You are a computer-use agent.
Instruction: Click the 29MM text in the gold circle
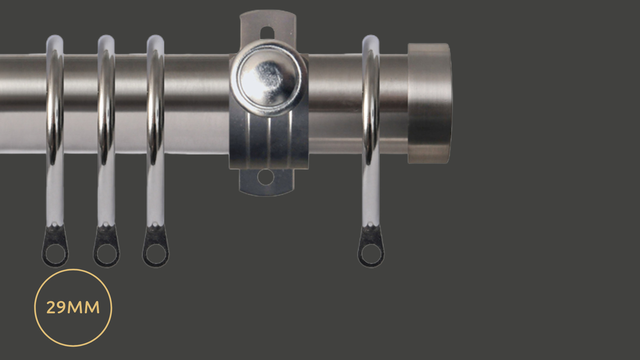(73, 307)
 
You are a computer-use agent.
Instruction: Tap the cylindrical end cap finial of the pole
(429, 103)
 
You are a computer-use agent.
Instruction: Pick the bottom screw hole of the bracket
(266, 177)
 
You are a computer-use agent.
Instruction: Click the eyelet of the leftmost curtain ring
(55, 254)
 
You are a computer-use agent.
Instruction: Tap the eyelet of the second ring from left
(106, 254)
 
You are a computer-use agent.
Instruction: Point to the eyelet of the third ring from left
(156, 254)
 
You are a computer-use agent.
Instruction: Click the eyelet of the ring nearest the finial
(371, 254)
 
